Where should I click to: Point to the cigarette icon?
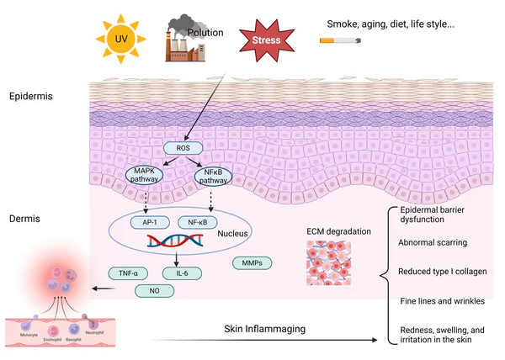pyautogui.click(x=336, y=40)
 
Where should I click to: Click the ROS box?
pyautogui.click(x=183, y=148)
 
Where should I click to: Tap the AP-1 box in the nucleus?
pyautogui.click(x=150, y=222)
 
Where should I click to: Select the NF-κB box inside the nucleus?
pyautogui.click(x=198, y=222)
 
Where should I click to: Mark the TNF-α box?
pyautogui.click(x=129, y=273)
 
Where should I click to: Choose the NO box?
pyautogui.click(x=157, y=291)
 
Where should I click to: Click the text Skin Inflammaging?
pyautogui.click(x=264, y=330)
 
